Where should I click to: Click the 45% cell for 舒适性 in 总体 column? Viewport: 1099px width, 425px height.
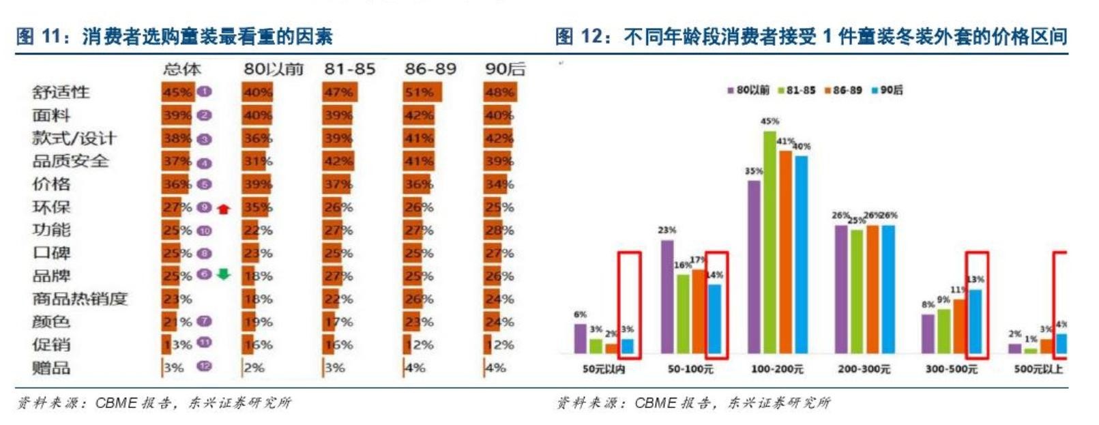177,92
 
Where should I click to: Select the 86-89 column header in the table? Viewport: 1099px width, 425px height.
430,69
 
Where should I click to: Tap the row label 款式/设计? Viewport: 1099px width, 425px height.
74,138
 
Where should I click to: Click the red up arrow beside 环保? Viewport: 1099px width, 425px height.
224,208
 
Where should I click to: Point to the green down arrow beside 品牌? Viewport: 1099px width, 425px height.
224,274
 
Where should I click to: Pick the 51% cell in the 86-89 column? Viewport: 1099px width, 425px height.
420,92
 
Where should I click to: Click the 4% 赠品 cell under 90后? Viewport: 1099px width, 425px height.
496,368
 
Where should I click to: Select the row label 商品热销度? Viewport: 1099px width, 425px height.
80,299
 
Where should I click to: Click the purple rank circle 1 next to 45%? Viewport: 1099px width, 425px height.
204,91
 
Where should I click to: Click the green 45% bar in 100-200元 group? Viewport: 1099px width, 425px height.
770,242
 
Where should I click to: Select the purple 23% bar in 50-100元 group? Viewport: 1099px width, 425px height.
667,296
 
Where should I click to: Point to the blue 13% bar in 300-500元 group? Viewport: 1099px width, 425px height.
976,321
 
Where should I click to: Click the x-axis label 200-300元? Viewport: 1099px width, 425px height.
864,369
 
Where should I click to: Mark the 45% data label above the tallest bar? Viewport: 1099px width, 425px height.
770,121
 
